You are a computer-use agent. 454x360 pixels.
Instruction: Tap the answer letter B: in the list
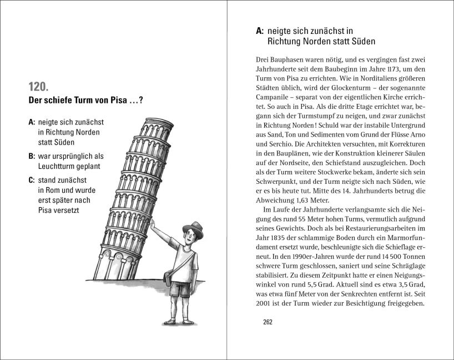click(32, 156)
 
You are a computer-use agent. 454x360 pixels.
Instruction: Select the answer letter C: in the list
click(32, 180)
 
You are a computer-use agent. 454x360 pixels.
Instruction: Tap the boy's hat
click(193, 228)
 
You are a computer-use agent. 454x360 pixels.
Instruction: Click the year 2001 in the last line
click(265, 303)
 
